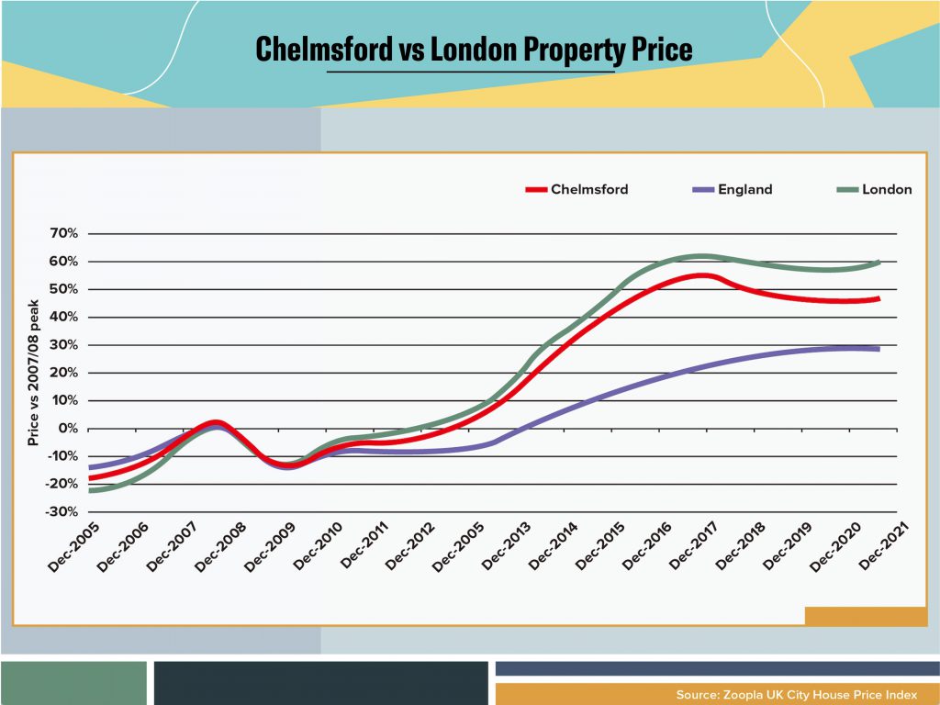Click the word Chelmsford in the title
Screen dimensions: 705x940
pyautogui.click(x=323, y=49)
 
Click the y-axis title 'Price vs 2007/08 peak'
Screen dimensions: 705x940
pyautogui.click(x=33, y=373)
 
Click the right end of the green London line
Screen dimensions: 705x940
pyautogui.click(x=878, y=263)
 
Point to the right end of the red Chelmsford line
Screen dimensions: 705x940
pyautogui.click(x=878, y=298)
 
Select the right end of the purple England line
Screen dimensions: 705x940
pyautogui.click(x=878, y=349)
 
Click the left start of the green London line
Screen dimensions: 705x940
pyautogui.click(x=91, y=490)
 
